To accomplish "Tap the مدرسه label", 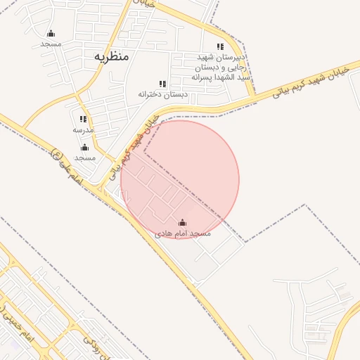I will [x=83, y=130].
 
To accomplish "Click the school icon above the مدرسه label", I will [x=83, y=120].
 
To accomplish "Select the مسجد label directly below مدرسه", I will [x=84, y=158].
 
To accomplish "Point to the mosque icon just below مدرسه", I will [x=84, y=148].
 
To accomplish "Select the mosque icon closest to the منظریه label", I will [x=51, y=33].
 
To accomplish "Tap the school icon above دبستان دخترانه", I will [x=163, y=84].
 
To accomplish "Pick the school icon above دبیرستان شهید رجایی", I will [x=221, y=46].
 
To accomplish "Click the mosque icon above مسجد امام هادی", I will [x=183, y=223].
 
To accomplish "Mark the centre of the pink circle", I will [x=180, y=179].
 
